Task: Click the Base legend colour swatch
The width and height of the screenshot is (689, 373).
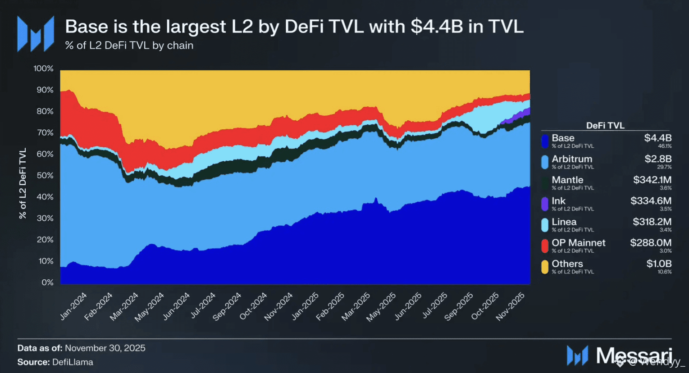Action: [x=545, y=141]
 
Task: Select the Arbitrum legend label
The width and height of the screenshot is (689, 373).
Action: [x=572, y=159]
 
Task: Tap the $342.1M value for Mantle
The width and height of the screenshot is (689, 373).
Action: [x=652, y=180]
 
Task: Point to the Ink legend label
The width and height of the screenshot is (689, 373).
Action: [x=558, y=201]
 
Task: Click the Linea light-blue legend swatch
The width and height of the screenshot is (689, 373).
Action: [x=545, y=225]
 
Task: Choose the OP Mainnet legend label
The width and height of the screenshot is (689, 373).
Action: [x=578, y=243]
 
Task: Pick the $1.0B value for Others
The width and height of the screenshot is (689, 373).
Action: [x=659, y=264]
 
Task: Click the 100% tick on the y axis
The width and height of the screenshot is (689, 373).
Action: [x=43, y=68]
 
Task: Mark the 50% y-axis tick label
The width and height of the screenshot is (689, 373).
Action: [x=45, y=175]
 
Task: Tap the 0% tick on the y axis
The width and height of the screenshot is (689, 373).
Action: [x=47, y=282]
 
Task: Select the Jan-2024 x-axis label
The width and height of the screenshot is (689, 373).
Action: [x=73, y=306]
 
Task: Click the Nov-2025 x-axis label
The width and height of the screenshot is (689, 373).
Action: [x=511, y=307]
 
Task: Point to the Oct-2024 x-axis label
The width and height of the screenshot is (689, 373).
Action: [x=253, y=307]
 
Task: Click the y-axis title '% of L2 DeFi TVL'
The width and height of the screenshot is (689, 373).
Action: [x=23, y=183]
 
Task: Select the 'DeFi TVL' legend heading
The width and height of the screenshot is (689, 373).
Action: [x=605, y=126]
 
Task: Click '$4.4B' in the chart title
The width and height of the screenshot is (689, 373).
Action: [x=437, y=27]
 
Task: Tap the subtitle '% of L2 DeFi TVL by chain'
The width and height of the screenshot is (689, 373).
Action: [x=129, y=45]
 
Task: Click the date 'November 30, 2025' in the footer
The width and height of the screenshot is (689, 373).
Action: [x=105, y=348]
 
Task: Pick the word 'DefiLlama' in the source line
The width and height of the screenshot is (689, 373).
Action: [x=73, y=362]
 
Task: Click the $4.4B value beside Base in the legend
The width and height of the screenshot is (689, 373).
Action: [x=658, y=138]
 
